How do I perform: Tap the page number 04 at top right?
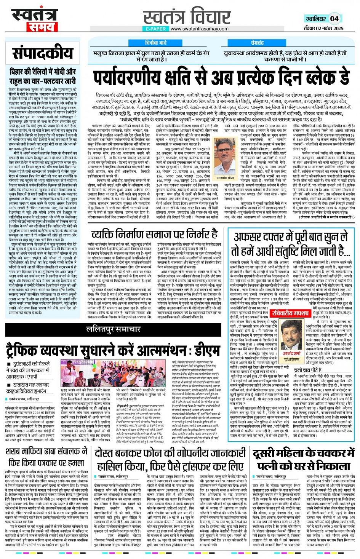click(334, 18)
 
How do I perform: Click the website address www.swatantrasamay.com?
click(199, 29)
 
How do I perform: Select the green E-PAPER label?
click(156, 29)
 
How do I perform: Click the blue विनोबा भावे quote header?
click(156, 43)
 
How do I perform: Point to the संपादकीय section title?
click(42, 53)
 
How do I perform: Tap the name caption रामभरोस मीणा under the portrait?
click(225, 178)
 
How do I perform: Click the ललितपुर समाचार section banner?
click(113, 329)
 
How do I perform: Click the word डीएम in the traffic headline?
click(206, 349)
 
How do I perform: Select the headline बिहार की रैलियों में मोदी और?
click(43, 71)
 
